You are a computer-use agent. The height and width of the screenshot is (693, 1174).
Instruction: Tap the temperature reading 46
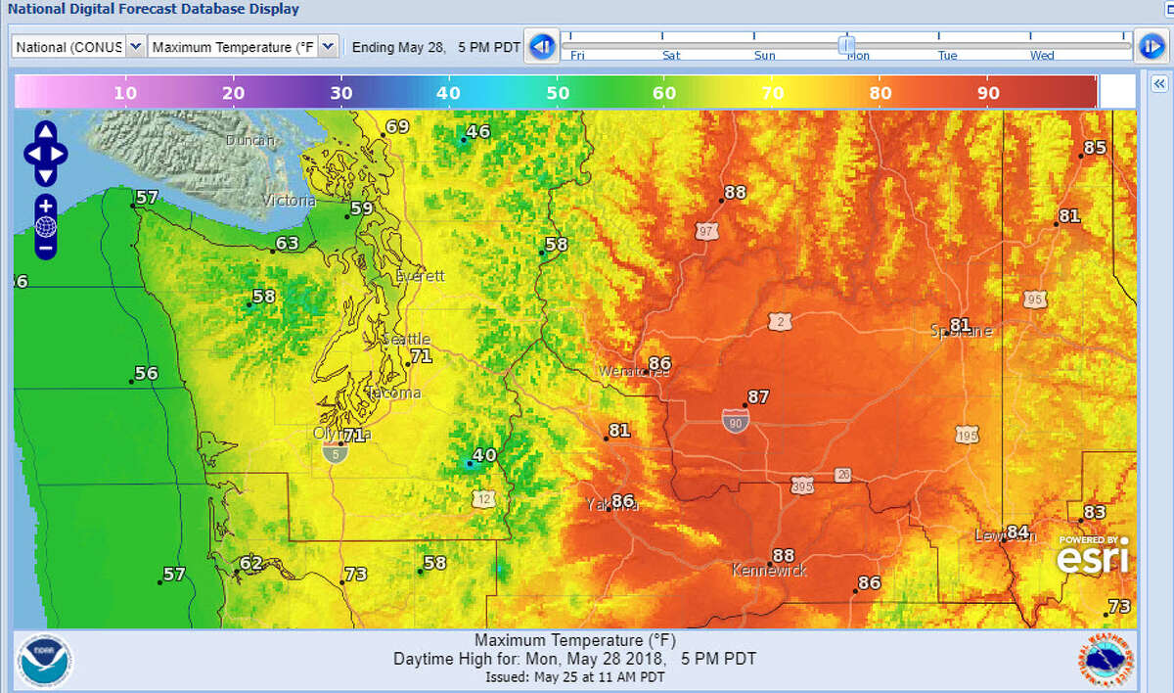[477, 132]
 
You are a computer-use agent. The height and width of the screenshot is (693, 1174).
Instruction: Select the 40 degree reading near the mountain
[484, 455]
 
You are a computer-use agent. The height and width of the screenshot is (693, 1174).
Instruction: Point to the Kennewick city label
[770, 570]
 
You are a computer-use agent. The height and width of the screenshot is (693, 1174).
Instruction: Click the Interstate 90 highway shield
[736, 421]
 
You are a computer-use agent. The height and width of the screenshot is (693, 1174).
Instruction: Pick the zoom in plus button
[46, 207]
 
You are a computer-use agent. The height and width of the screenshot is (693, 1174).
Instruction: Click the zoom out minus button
[46, 249]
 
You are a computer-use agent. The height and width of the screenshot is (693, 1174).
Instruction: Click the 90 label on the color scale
[988, 93]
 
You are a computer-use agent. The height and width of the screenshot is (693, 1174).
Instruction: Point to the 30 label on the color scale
[340, 93]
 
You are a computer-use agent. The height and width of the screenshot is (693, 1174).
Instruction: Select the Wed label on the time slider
[1042, 56]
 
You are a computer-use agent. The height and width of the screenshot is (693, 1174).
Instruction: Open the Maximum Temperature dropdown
[244, 47]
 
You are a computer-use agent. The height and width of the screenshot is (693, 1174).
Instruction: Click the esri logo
[1093, 556]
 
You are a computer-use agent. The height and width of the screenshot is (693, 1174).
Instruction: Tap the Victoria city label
[289, 201]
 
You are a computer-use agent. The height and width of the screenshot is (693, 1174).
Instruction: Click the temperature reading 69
[397, 127]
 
